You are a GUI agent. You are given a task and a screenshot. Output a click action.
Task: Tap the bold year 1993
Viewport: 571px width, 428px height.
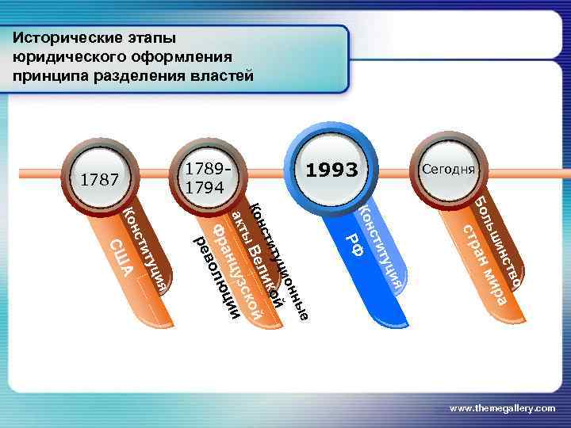[x=332, y=170]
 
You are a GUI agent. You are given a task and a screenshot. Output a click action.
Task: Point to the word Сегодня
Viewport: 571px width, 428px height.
[x=448, y=169]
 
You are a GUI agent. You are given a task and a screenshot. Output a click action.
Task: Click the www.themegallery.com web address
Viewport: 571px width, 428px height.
[x=502, y=407]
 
